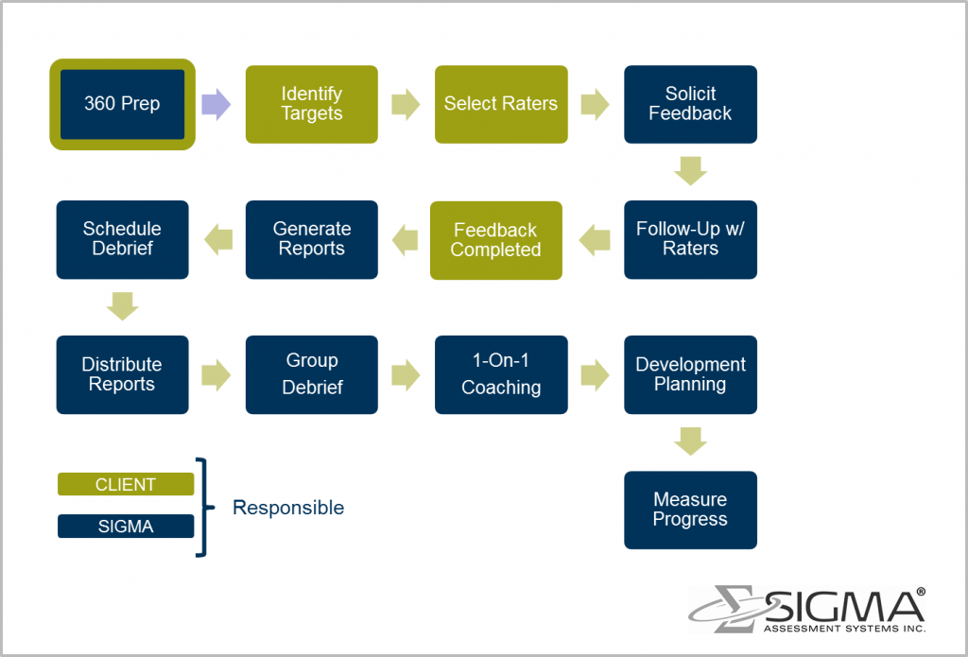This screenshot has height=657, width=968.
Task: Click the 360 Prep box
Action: pyautogui.click(x=122, y=104)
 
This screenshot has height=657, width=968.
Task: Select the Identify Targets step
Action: pyautogui.click(x=311, y=104)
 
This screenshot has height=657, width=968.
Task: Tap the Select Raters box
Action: pyautogui.click(x=501, y=104)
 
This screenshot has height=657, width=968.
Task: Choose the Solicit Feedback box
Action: pyautogui.click(x=690, y=104)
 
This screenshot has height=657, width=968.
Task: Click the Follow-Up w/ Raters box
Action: pyautogui.click(x=690, y=239)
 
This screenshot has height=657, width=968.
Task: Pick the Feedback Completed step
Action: pyautogui.click(x=495, y=240)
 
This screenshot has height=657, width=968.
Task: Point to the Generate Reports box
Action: pyautogui.click(x=311, y=239)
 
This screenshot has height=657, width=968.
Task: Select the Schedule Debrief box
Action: pyautogui.click(x=122, y=239)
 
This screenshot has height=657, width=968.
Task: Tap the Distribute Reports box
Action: pyautogui.click(x=122, y=374)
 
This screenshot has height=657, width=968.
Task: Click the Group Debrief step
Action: pyautogui.click(x=311, y=374)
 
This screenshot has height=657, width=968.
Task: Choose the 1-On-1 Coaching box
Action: pyautogui.click(x=501, y=374)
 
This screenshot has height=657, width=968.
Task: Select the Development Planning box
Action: pyautogui.click(x=690, y=374)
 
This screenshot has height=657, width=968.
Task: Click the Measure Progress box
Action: pyautogui.click(x=690, y=510)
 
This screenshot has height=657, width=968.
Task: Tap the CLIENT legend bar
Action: pyautogui.click(x=126, y=484)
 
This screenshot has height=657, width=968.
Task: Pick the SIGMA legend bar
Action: pyautogui.click(x=126, y=527)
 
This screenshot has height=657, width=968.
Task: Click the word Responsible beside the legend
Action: pyautogui.click(x=288, y=508)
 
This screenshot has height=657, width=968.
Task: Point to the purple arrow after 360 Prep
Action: pyautogui.click(x=216, y=104)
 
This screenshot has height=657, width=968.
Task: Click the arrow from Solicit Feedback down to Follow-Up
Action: pyautogui.click(x=691, y=171)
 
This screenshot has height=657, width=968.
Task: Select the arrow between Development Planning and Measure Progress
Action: pyautogui.click(x=691, y=441)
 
